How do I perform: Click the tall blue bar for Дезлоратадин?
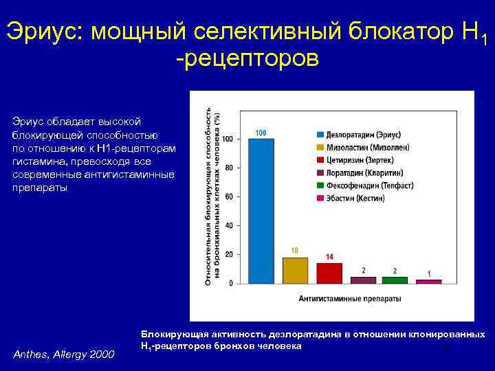click(261, 210)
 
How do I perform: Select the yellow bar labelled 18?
click(295, 270)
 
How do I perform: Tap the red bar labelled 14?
click(329, 273)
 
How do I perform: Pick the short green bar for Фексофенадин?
click(395, 280)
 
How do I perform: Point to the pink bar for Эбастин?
click(428, 281)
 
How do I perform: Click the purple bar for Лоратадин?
click(363, 280)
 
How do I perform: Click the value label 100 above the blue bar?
click(261, 132)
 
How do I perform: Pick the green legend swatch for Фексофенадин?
click(320, 185)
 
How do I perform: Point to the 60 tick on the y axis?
click(228, 196)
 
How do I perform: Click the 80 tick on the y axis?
click(228, 168)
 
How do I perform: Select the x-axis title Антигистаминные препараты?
click(350, 299)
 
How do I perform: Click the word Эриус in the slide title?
click(43, 31)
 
